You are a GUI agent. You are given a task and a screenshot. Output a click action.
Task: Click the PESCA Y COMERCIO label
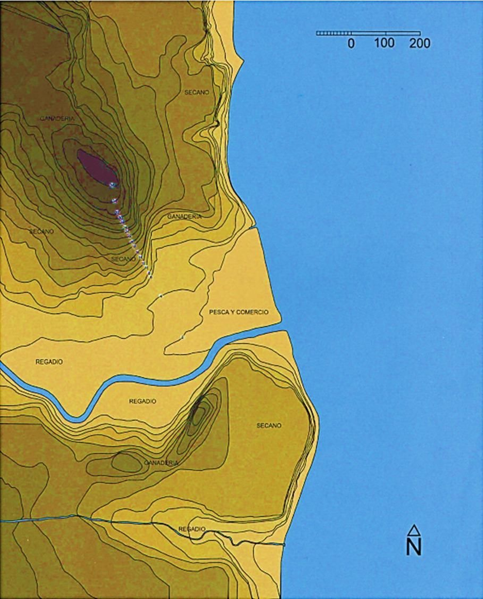coord(238,312)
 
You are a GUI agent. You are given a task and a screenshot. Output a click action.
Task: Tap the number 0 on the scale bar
coord(351,44)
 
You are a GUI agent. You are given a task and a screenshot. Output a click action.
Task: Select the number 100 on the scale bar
coord(384,43)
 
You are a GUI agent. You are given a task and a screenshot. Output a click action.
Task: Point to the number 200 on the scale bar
coord(420,44)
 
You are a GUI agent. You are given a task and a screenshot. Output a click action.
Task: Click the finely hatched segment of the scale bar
coord(334,33)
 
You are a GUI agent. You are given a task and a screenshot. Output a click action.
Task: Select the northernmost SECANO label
coord(197,92)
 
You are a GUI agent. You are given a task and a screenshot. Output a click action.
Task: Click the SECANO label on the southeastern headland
coord(269,426)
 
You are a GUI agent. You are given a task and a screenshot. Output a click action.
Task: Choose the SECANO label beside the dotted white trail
coord(123,259)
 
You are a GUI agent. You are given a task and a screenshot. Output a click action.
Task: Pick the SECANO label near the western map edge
coord(42,232)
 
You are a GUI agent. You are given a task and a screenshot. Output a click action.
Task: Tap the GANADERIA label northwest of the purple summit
coord(57,119)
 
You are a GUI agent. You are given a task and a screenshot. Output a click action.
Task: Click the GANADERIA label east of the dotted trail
coord(184,216)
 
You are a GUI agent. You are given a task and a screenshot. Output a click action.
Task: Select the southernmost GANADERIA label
coord(161,463)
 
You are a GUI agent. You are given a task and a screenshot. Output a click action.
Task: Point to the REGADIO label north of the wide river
coord(49,362)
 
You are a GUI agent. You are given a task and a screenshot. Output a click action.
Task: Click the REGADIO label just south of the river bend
coord(142,401)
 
